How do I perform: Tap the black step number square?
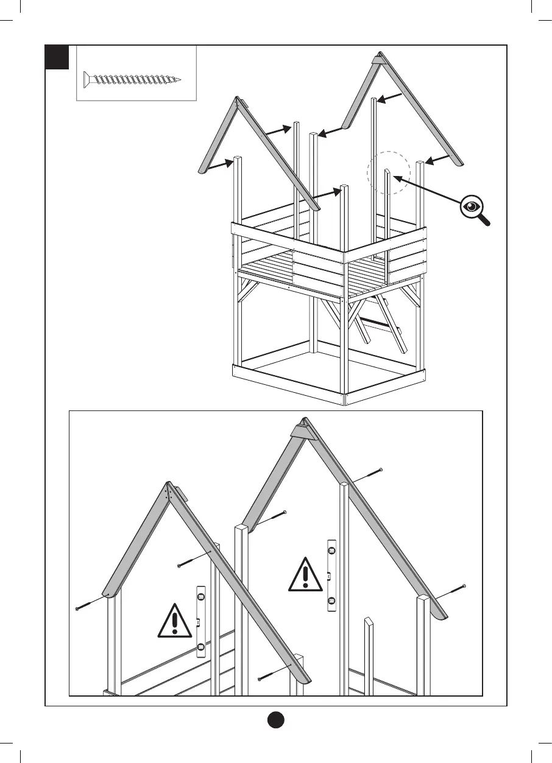(x=57, y=57)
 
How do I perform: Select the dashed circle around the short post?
(x=389, y=172)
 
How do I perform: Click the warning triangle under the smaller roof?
(x=175, y=621)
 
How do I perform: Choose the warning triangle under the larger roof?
(x=305, y=575)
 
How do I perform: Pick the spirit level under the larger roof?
(x=331, y=575)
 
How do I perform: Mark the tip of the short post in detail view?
(x=368, y=622)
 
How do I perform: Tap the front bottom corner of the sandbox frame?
(x=345, y=399)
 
